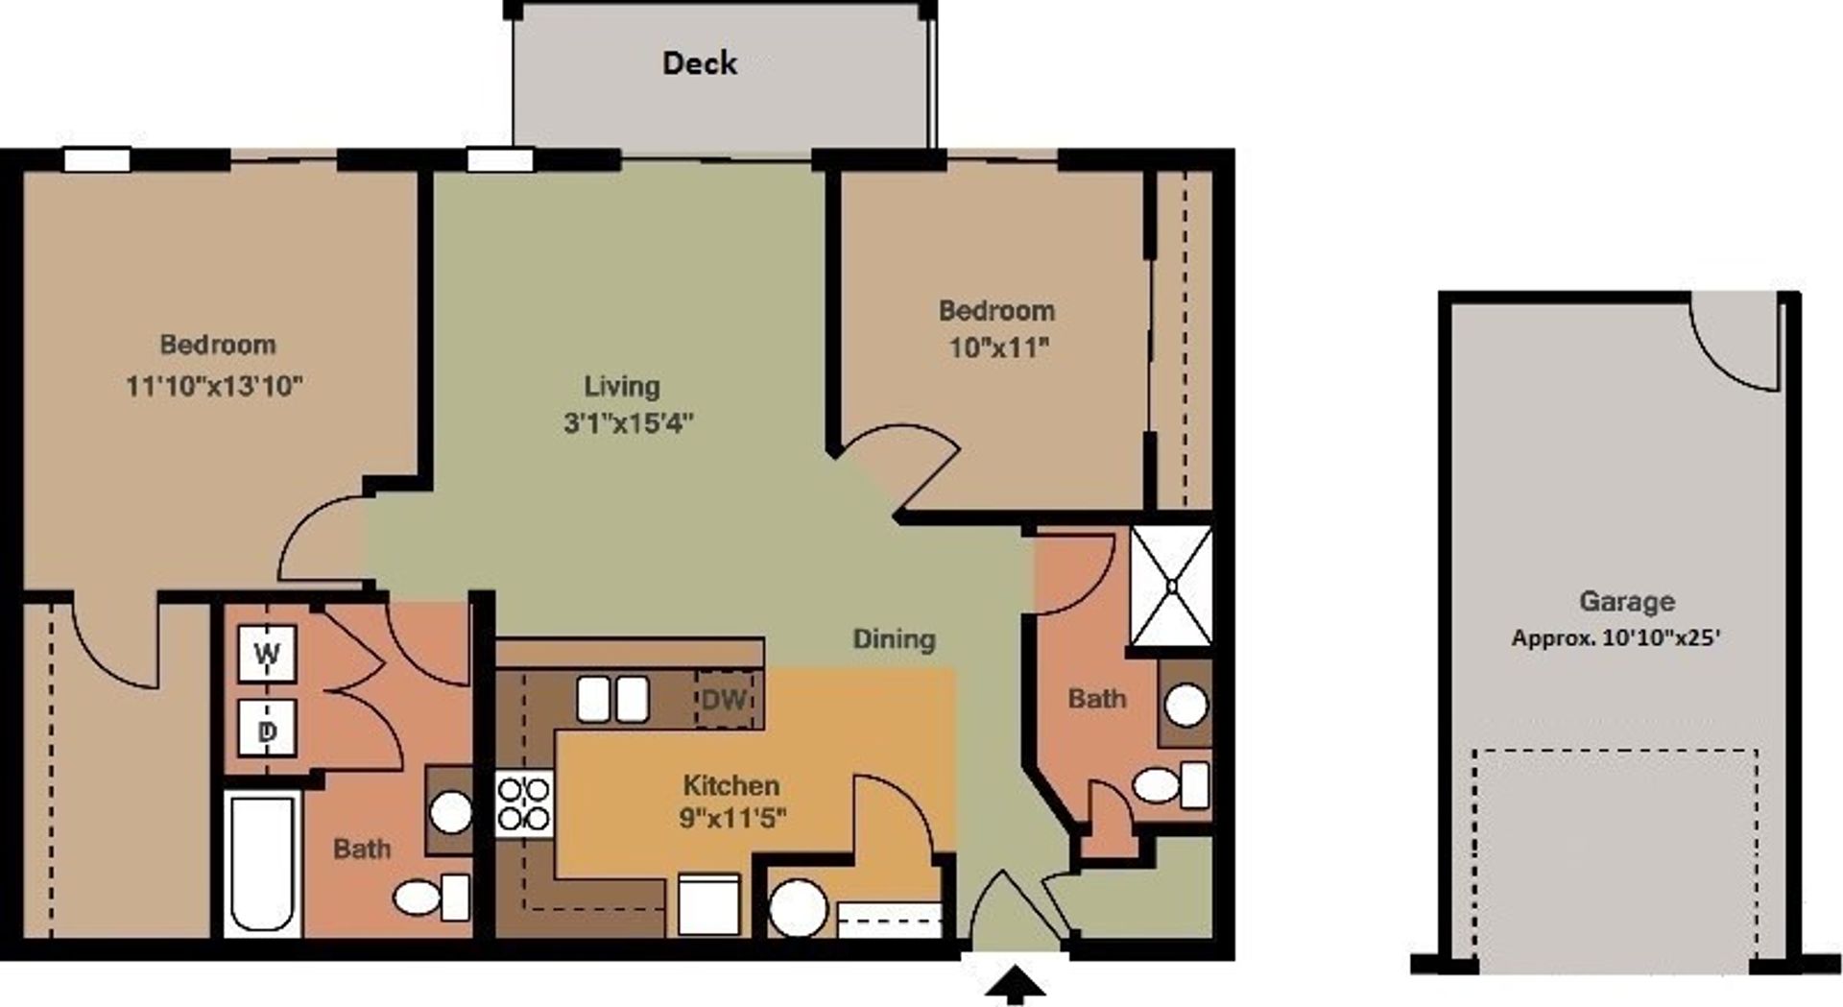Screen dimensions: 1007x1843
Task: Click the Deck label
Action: (700, 63)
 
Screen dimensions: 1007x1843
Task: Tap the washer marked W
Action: (267, 654)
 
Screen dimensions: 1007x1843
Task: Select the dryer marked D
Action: (267, 731)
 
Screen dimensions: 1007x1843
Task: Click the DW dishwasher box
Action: (725, 699)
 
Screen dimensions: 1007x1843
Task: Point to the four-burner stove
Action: (524, 804)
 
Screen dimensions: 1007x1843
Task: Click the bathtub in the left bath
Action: (261, 863)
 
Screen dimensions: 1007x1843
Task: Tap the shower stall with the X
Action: (1171, 586)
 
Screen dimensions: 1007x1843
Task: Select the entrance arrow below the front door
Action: (1015, 985)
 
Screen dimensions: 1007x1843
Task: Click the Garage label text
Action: (1626, 602)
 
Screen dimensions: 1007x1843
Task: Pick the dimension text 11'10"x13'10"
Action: (214, 386)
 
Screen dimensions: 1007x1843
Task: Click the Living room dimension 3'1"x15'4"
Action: (628, 422)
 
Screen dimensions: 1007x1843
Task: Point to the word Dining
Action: (894, 639)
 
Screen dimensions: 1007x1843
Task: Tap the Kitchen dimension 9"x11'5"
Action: (732, 818)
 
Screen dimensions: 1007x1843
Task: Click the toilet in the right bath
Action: (1169, 785)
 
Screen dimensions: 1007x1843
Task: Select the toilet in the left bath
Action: (429, 898)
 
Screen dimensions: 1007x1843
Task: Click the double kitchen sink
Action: (612, 699)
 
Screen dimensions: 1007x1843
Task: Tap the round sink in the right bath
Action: (1185, 706)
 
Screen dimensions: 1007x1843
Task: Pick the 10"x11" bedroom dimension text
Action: (998, 347)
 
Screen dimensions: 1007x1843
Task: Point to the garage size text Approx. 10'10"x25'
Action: (1616, 637)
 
